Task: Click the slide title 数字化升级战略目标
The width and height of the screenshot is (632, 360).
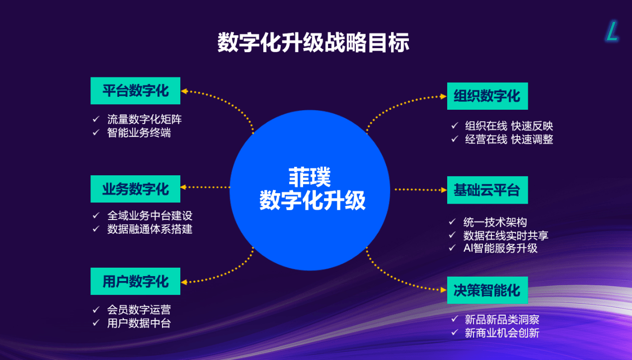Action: (x=313, y=42)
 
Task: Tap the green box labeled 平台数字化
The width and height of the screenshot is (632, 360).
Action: (x=136, y=91)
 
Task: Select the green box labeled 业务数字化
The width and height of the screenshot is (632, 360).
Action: (x=136, y=189)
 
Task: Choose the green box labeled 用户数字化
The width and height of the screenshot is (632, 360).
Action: (x=136, y=282)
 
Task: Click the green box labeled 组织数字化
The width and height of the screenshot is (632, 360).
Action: (x=487, y=96)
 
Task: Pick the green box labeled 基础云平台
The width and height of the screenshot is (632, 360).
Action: (x=487, y=190)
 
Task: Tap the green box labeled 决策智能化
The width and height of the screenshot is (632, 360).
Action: (x=487, y=290)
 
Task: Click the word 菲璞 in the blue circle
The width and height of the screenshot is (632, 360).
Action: (x=310, y=178)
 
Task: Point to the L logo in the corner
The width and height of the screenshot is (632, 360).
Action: (x=612, y=31)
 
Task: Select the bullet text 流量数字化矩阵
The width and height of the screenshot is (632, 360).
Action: (x=145, y=119)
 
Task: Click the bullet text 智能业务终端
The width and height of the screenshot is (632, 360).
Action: (x=139, y=133)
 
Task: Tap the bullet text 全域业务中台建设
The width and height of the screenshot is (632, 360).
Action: (x=150, y=216)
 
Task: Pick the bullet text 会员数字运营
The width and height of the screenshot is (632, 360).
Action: (x=139, y=310)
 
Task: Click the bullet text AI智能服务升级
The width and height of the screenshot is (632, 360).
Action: (x=500, y=248)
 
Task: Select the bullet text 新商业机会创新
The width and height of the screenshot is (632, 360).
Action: (x=502, y=333)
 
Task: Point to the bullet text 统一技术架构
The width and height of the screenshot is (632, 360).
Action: (x=495, y=222)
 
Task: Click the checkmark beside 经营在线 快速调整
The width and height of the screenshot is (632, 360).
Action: (x=455, y=139)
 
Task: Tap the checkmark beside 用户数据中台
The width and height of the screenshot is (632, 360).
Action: (x=96, y=322)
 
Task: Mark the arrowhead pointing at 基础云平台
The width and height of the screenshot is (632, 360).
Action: (x=444, y=190)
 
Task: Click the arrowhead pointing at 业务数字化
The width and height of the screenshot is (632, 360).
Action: (x=183, y=187)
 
